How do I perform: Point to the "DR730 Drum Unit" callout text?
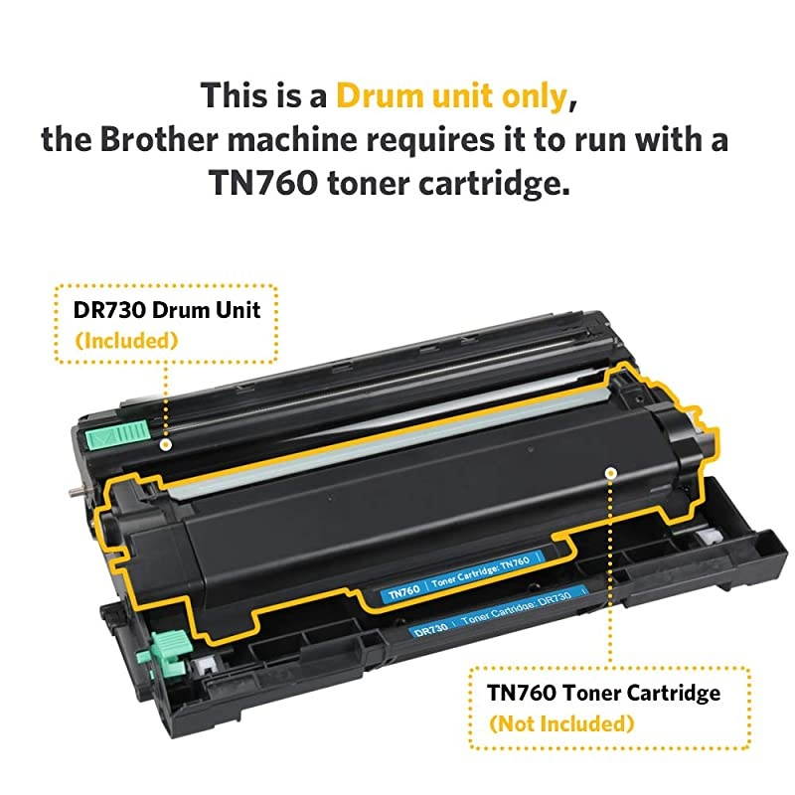[x=167, y=310]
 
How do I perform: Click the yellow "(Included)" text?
[x=126, y=340]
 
